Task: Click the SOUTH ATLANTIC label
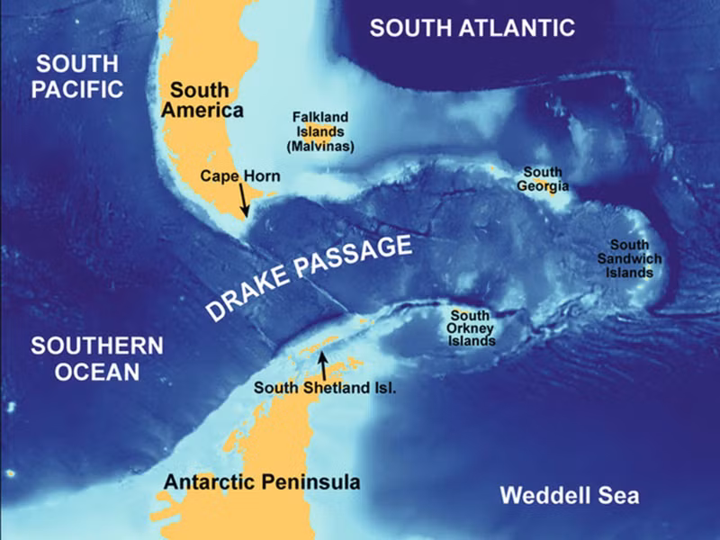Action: (x=472, y=28)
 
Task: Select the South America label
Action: (x=207, y=100)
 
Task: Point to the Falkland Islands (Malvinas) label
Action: (x=319, y=131)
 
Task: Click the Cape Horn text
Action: (x=240, y=176)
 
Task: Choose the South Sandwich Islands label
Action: (x=635, y=258)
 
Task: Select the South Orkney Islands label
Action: (x=471, y=328)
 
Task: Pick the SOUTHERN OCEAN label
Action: (x=95, y=358)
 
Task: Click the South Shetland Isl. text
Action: (x=325, y=388)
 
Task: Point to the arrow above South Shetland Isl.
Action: (x=322, y=365)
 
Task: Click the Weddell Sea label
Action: (x=569, y=495)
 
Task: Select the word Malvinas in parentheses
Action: (x=319, y=145)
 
